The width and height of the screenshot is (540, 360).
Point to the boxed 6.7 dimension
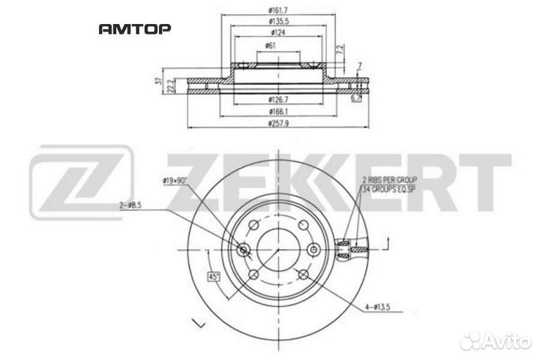point(356,97)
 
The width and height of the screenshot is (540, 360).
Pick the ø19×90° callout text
point(175,181)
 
